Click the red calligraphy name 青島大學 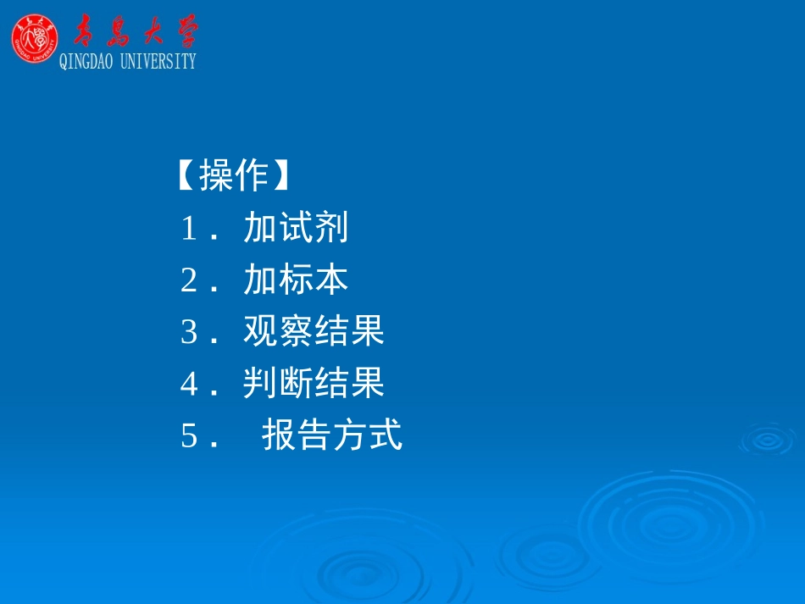[136, 33]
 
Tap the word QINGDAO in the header [87, 62]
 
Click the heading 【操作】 [232, 176]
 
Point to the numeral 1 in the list [189, 229]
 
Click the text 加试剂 [296, 228]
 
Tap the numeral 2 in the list [189, 280]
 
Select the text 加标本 [296, 280]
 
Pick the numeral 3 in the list [189, 332]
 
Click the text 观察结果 [314, 332]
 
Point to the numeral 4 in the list [189, 385]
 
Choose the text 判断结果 [314, 384]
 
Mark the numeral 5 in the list [189, 437]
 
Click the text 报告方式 [332, 436]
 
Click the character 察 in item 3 [296, 332]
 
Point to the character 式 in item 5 [386, 436]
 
